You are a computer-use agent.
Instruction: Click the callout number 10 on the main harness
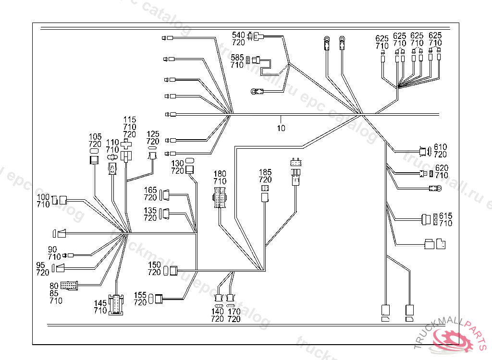pos(281,128)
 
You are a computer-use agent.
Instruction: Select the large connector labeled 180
pos(220,198)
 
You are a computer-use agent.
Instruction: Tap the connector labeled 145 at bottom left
pos(116,305)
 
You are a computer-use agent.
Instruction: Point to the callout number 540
pos(238,35)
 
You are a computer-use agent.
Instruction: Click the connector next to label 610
pos(424,151)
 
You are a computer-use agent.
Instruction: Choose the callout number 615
pos(445,216)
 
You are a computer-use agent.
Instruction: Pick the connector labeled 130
pos(189,168)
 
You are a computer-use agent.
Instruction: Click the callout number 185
pos(265,172)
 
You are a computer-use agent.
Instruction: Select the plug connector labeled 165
pos(165,194)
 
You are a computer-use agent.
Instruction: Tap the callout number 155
pos(140,295)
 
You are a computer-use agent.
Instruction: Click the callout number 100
pos(43,197)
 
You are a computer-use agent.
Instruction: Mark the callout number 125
pos(153,134)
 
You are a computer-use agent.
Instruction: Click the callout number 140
pos(218,312)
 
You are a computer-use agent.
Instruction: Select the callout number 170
pos(234,312)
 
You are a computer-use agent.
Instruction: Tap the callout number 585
pos(237,57)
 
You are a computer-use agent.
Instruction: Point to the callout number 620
pos(441,168)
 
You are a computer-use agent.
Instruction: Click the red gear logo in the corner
pos(454,339)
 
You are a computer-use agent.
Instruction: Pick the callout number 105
pos(95,137)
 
